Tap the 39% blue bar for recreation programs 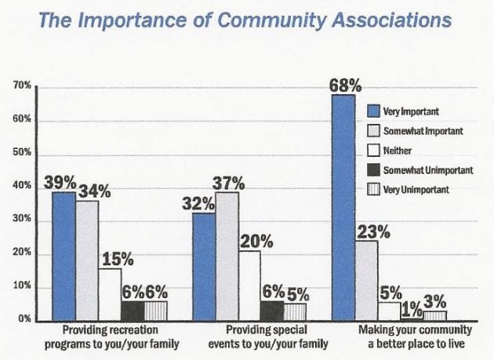[64, 256]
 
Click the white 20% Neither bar [249, 285]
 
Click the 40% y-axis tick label [21, 186]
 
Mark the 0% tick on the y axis [24, 319]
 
